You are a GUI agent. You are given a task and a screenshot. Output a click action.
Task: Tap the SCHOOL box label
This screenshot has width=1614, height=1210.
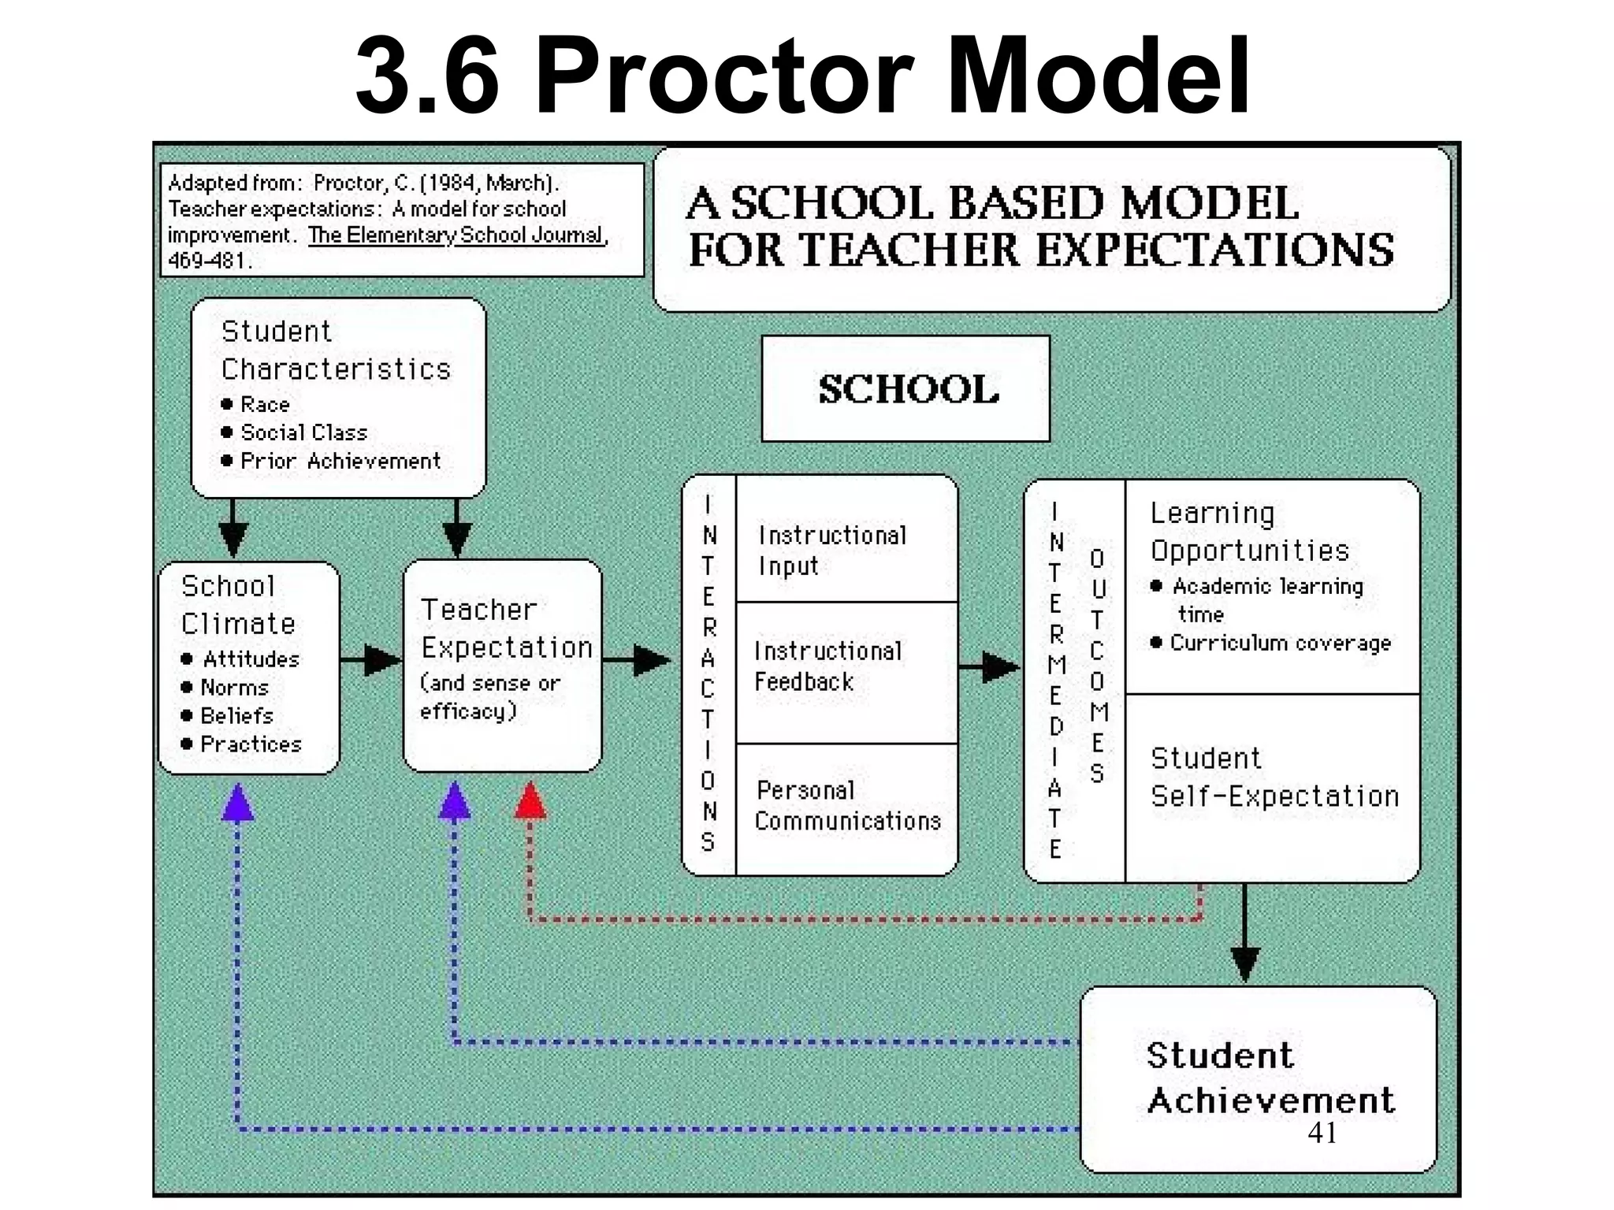[x=906, y=388]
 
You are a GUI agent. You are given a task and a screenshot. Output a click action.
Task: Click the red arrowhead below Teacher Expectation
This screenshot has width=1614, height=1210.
[x=530, y=800]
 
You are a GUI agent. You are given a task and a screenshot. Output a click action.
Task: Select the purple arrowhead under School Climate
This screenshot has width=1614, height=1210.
[x=237, y=804]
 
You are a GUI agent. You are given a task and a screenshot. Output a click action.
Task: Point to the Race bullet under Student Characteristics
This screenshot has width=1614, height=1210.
[x=264, y=404]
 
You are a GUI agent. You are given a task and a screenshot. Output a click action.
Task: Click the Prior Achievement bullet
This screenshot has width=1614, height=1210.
[x=340, y=461]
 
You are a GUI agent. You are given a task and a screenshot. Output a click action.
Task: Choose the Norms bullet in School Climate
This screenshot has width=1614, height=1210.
[x=234, y=687]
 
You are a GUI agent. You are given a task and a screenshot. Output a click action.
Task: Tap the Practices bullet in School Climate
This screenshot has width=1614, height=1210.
[x=251, y=744]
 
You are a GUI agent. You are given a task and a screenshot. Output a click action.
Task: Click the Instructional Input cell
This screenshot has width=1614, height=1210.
[x=832, y=550]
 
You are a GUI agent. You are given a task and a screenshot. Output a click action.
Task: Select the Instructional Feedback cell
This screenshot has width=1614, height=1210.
[x=827, y=666]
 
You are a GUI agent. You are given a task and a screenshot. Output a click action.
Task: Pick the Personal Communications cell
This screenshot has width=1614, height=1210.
[x=847, y=805]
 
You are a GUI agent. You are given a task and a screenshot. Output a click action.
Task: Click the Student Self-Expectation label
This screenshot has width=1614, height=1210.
[x=1274, y=777]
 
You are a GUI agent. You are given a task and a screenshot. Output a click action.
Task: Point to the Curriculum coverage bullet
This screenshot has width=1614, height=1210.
[x=1280, y=643]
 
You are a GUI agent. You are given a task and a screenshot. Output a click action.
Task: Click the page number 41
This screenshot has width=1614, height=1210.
[x=1322, y=1132]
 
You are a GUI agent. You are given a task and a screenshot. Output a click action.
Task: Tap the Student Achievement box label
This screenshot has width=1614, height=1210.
[x=1269, y=1078]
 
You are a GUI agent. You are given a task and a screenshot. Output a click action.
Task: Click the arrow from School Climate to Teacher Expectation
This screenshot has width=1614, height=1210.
[x=372, y=660]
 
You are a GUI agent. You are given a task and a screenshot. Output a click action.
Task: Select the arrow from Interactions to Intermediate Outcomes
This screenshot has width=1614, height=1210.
[x=991, y=667]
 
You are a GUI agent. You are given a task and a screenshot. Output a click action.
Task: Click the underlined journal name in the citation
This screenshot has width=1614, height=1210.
[x=457, y=235]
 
